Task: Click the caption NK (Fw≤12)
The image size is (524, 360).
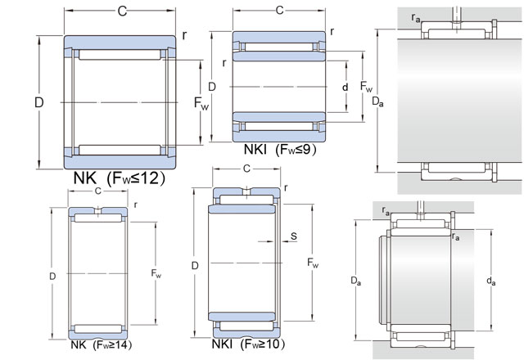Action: click(119, 178)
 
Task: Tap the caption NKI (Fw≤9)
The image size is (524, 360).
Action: click(280, 149)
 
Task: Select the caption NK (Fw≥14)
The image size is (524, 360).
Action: click(102, 345)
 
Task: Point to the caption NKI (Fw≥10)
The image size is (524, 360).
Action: click(248, 344)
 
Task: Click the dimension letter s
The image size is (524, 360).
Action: click(293, 236)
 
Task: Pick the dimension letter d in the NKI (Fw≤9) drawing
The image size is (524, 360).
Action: click(345, 88)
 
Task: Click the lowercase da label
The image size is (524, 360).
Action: click(490, 281)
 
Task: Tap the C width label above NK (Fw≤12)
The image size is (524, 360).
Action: click(122, 11)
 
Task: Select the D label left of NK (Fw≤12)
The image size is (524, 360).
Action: click(39, 102)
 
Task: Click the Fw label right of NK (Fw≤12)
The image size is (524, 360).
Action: click(201, 103)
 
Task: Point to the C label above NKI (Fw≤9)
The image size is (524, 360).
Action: click(279, 11)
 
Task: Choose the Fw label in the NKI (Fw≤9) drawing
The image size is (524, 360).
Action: click(366, 87)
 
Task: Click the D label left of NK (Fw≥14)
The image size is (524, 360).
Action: click(52, 277)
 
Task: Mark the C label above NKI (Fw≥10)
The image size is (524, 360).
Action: click(246, 169)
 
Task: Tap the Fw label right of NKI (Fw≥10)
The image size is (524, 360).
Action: click(313, 263)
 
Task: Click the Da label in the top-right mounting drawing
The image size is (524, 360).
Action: click(377, 101)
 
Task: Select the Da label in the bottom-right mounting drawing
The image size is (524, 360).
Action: click(356, 281)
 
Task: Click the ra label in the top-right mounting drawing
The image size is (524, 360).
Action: click(416, 18)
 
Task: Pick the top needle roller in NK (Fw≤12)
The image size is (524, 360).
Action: click(120, 55)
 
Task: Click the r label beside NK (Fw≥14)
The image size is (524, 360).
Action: click(135, 205)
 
